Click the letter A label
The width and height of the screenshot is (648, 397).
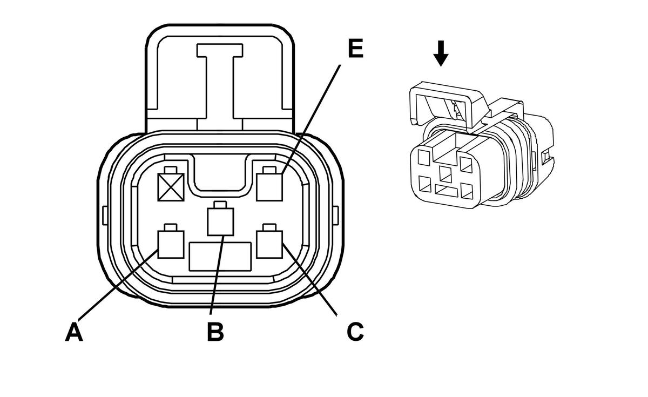(x=74, y=332)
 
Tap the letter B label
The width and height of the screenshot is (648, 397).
(x=215, y=332)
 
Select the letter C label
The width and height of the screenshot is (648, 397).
(x=355, y=332)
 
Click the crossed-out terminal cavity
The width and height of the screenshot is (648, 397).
(x=171, y=187)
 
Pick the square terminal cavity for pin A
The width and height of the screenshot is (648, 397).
(x=170, y=244)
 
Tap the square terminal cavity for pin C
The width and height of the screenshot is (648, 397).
(x=271, y=244)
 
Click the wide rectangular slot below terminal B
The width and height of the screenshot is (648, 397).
(x=220, y=257)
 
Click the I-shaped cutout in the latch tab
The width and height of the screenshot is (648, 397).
(x=220, y=81)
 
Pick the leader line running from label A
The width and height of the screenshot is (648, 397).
(x=119, y=286)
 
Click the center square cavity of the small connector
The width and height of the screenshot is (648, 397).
(x=446, y=174)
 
